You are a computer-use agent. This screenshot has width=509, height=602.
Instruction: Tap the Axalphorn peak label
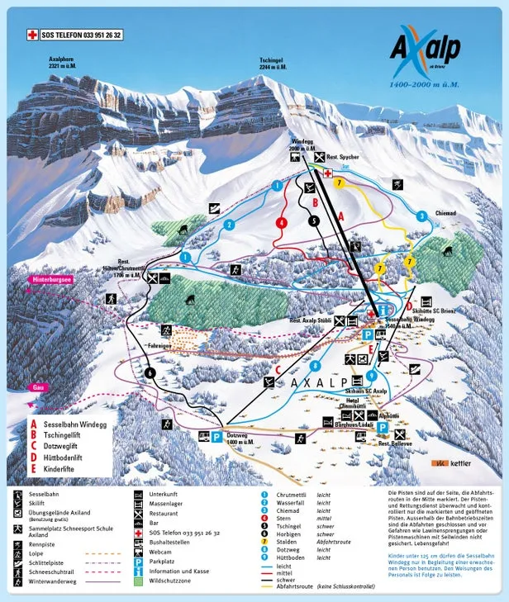pyautogui.click(x=66, y=64)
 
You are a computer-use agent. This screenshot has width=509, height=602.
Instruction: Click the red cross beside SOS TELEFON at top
pyautogui.click(x=33, y=35)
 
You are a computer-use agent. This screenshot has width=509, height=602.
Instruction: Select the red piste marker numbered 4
pyautogui.click(x=283, y=222)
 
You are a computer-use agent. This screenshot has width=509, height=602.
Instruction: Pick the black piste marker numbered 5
pyautogui.click(x=313, y=220)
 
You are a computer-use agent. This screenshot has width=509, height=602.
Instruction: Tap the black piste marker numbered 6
pyautogui.click(x=150, y=372)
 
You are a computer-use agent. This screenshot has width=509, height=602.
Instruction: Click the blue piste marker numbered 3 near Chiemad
pyautogui.click(x=421, y=216)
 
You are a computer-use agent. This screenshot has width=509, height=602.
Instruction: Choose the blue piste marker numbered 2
pyautogui.click(x=229, y=225)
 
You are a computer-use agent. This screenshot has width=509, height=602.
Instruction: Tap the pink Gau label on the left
pyautogui.click(x=37, y=386)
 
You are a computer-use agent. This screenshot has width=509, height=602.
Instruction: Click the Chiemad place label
pyautogui.click(x=444, y=213)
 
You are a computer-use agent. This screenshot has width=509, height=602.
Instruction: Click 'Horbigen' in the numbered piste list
pyautogui.click(x=285, y=534)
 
